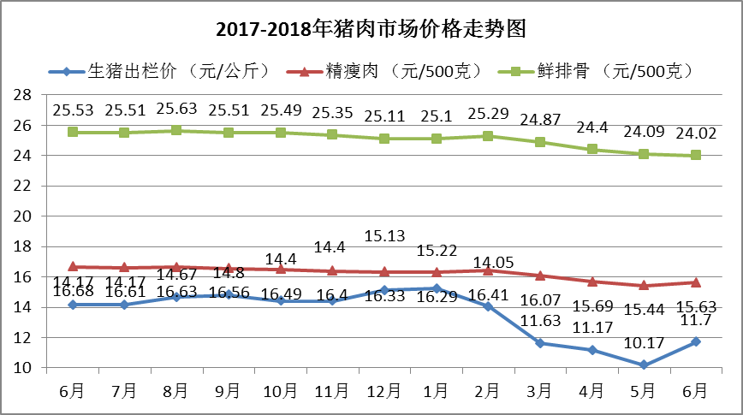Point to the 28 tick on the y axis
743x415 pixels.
click(x=24, y=95)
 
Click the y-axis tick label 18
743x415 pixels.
click(x=24, y=246)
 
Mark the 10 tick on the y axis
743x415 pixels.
click(x=24, y=368)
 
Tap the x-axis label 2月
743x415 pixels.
click(x=488, y=391)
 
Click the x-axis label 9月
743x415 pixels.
click(x=229, y=391)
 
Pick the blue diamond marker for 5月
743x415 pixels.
click(x=644, y=365)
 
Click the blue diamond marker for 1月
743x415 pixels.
click(x=437, y=288)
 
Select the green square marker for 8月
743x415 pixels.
click(x=176, y=130)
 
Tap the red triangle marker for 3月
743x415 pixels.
click(x=540, y=276)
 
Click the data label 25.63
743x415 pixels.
click(x=176, y=110)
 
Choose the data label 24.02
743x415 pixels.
click(x=694, y=133)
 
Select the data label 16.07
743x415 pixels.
click(x=540, y=301)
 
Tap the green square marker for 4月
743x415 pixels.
click(x=592, y=149)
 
